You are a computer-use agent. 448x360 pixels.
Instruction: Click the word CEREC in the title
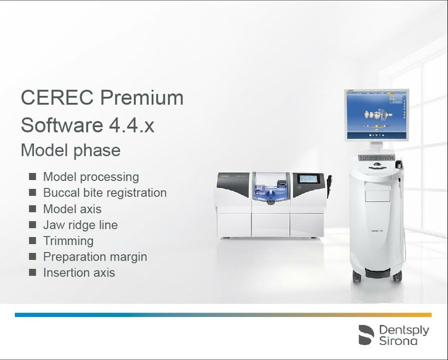click(x=57, y=97)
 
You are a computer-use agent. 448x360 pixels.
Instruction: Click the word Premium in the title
click(x=142, y=97)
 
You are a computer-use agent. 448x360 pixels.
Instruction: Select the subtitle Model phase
click(x=70, y=150)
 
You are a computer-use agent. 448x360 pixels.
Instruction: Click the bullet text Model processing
click(x=91, y=176)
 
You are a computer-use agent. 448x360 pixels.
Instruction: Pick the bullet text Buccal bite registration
click(x=105, y=192)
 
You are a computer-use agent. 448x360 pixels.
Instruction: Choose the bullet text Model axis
click(x=72, y=209)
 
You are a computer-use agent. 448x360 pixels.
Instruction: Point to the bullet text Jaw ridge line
click(x=80, y=224)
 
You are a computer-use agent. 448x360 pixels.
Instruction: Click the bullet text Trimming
click(x=68, y=241)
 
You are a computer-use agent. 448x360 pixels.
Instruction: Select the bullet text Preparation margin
click(x=95, y=257)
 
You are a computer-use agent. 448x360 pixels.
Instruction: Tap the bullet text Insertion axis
click(x=79, y=272)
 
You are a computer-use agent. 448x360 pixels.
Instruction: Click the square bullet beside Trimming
click(x=32, y=240)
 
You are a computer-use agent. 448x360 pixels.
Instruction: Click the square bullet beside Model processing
click(x=32, y=176)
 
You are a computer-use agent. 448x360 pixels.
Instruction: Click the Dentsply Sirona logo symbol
click(x=366, y=335)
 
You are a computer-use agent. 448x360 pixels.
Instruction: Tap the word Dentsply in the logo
click(x=404, y=330)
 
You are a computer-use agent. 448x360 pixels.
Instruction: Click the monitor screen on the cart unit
click(x=376, y=115)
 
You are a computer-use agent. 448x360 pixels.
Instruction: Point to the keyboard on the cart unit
click(x=377, y=158)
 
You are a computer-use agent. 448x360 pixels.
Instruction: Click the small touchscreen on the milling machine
click(x=308, y=179)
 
